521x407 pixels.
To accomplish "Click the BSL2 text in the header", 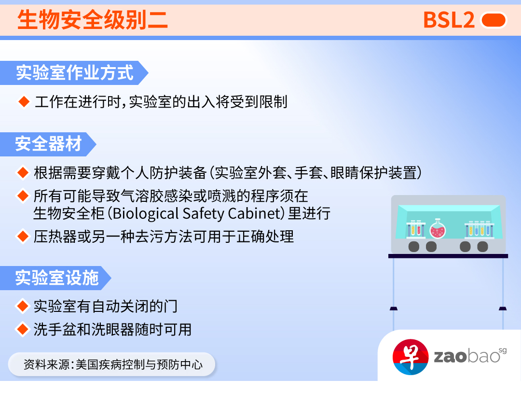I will pyautogui.click(x=449, y=20).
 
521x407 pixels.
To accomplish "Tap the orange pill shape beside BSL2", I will pyautogui.click(x=494, y=20).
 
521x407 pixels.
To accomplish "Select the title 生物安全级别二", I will pyautogui.click(x=93, y=20).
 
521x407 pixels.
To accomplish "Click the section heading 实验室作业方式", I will pyautogui.click(x=75, y=73).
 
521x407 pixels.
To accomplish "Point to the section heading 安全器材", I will pyautogui.click(x=48, y=144).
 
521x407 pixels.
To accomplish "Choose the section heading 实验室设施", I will pyautogui.click(x=57, y=278).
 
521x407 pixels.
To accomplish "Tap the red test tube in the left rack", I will pyautogui.click(x=419, y=229).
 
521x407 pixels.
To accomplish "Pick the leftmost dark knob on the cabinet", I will pyautogui.click(x=414, y=247).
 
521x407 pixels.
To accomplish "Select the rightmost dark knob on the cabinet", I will pyautogui.click(x=482, y=247).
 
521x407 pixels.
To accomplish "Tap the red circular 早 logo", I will pyautogui.click(x=411, y=357).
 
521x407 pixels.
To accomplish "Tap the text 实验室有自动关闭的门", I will pyautogui.click(x=106, y=306).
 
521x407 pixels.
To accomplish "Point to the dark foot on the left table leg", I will pyautogui.click(x=394, y=309).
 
